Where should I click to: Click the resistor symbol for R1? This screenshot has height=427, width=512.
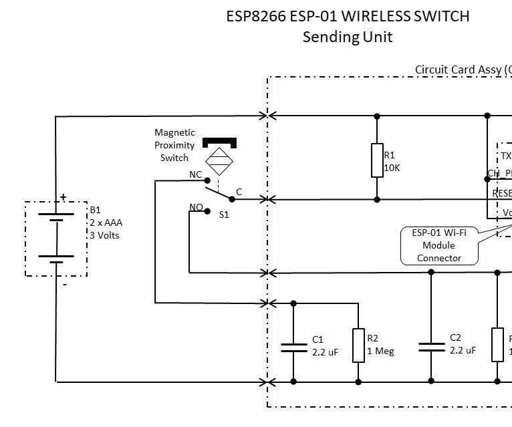coord(377,160)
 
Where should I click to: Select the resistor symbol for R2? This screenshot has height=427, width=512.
coord(358,345)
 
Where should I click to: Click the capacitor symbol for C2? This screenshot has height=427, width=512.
coord(431,347)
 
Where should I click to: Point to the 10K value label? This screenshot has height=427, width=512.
coord(392,168)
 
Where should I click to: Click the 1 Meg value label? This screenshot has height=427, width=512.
coord(380,351)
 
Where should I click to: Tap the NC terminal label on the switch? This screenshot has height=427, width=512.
coord(196,174)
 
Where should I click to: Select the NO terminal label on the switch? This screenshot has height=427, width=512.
coord(196,207)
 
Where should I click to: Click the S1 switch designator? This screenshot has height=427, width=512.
coord(225,215)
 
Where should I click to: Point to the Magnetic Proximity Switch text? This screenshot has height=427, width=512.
coord(174,145)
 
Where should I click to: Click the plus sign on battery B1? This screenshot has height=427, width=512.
coord(63,197)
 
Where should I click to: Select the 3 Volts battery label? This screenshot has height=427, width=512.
coord(104,235)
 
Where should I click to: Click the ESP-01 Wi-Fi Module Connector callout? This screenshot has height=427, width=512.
coord(439,245)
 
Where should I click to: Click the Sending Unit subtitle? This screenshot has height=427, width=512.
coord(347,37)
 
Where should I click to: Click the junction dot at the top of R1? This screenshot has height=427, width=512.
coord(377,116)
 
